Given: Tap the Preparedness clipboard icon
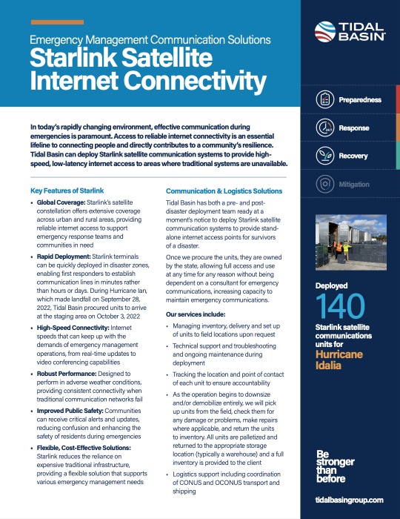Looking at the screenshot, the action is click(324, 99).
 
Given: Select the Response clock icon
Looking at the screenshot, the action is click(324, 128).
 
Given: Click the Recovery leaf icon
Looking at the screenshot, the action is click(324, 156).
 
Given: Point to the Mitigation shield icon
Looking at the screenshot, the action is click(324, 184).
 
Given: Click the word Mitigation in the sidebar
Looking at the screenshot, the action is click(353, 184).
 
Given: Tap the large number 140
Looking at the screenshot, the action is click(340, 305).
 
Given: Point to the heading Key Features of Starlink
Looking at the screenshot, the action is click(73, 191).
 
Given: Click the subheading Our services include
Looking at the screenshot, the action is click(196, 294).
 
